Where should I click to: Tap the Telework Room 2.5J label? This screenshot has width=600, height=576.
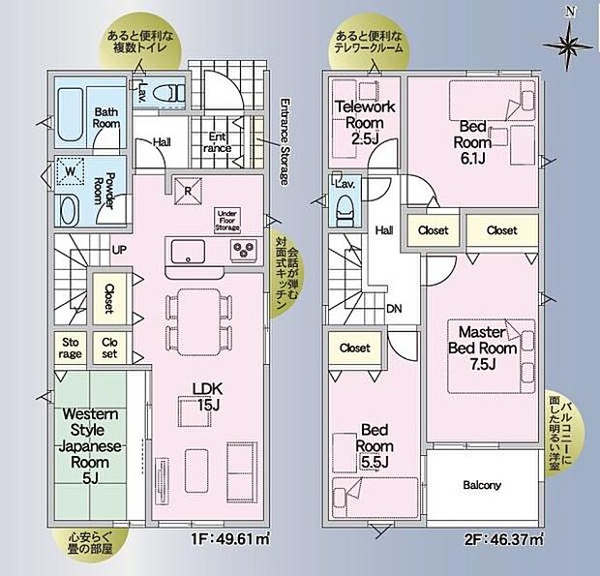click(355, 123)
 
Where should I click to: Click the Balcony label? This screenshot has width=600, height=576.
click(481, 485)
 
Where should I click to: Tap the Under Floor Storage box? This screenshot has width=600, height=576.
click(228, 219)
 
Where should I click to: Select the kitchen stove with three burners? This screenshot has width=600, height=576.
click(242, 252)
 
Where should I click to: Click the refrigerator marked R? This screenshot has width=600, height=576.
click(188, 188)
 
